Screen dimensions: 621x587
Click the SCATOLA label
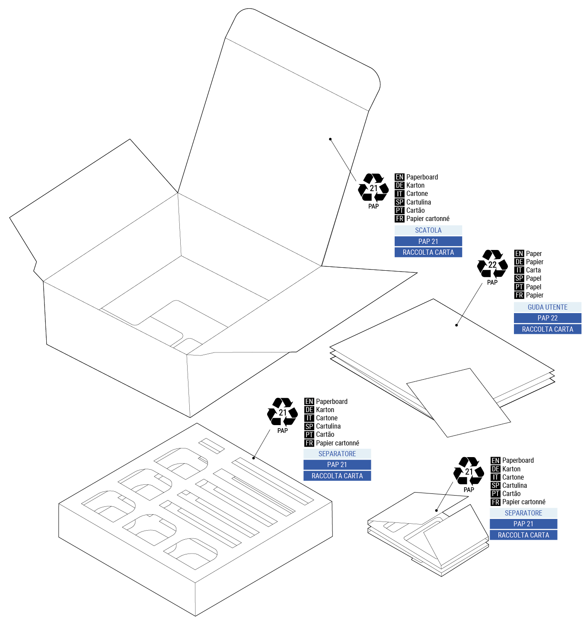(428, 230)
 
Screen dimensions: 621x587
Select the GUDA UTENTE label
(547, 307)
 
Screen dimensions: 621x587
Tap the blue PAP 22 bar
(547, 318)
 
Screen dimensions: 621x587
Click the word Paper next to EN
(534, 253)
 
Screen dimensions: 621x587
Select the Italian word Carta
(533, 270)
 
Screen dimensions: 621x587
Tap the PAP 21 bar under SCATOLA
(428, 241)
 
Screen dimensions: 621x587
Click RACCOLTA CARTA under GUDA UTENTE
(547, 329)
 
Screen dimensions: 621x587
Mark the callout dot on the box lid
(330, 139)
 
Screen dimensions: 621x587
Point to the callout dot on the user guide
(456, 325)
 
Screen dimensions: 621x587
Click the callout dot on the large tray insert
(254, 458)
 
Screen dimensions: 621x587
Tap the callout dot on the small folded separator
(437, 510)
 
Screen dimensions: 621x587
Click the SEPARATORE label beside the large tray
(337, 454)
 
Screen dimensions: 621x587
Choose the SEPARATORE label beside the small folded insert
(523, 513)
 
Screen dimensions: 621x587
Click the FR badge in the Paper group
(519, 295)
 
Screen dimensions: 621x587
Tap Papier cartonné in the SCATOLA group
(427, 218)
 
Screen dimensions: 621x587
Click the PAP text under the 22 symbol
(492, 282)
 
